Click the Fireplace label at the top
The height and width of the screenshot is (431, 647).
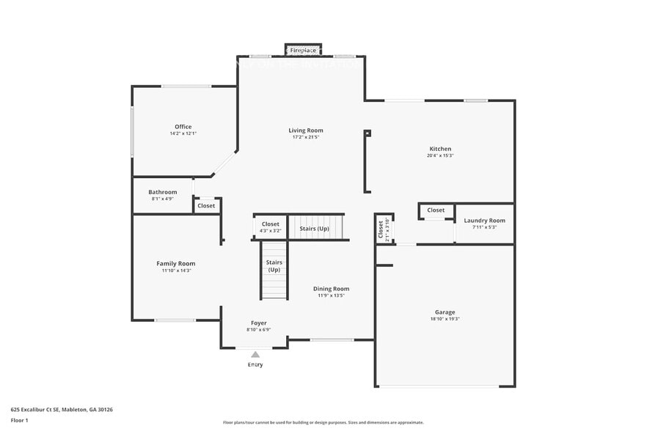[x=303, y=51]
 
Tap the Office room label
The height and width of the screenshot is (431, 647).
[x=183, y=127]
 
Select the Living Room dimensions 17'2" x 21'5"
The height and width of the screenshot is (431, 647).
[x=305, y=137]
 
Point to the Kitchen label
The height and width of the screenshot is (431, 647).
[x=440, y=149]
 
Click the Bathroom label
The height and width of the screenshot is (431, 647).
[x=162, y=192]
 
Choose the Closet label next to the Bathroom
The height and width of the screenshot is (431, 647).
[x=206, y=206]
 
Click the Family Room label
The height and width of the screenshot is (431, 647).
[x=176, y=263]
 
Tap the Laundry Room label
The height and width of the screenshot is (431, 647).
[x=484, y=221]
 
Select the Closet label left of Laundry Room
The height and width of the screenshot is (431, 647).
[x=436, y=210]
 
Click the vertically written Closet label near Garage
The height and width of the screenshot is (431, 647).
[x=381, y=230]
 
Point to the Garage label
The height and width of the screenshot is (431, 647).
[x=445, y=312]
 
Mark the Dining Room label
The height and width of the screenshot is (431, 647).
[x=331, y=289]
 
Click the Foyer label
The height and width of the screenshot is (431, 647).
[x=258, y=323]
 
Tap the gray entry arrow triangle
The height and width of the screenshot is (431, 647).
[x=255, y=355]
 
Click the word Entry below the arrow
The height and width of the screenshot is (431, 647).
[x=255, y=364]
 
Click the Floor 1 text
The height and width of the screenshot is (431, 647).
[x=19, y=421]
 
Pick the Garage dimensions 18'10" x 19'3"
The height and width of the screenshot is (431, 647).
[x=445, y=320]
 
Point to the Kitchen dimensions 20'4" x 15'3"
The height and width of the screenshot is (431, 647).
[x=440, y=155]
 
